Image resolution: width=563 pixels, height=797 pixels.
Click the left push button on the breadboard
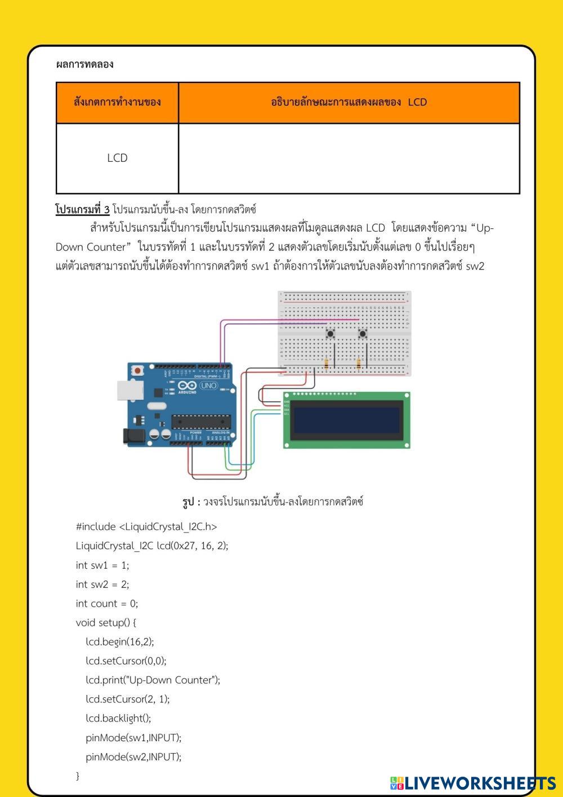(x=330, y=334)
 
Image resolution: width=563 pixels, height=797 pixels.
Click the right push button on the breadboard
(x=363, y=334)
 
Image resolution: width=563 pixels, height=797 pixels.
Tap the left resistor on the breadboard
(x=327, y=364)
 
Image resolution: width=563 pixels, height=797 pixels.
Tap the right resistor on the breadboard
(x=359, y=364)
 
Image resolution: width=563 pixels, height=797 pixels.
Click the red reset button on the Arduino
(x=137, y=370)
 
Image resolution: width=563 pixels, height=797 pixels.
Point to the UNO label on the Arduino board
(x=208, y=386)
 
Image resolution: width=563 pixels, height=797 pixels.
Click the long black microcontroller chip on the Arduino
(x=201, y=421)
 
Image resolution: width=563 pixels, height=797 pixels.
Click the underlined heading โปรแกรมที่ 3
(x=82, y=210)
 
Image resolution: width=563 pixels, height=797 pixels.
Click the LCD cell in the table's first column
(x=117, y=158)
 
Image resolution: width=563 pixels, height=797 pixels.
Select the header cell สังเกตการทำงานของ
(x=117, y=102)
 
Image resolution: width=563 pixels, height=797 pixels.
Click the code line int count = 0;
(x=107, y=603)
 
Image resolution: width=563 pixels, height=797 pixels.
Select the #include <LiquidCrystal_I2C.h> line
(x=146, y=526)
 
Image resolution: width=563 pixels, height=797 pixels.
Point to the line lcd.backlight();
(x=118, y=718)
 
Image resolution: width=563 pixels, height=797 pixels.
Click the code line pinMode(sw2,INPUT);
(x=133, y=756)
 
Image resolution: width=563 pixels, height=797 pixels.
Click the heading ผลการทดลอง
(x=84, y=64)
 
